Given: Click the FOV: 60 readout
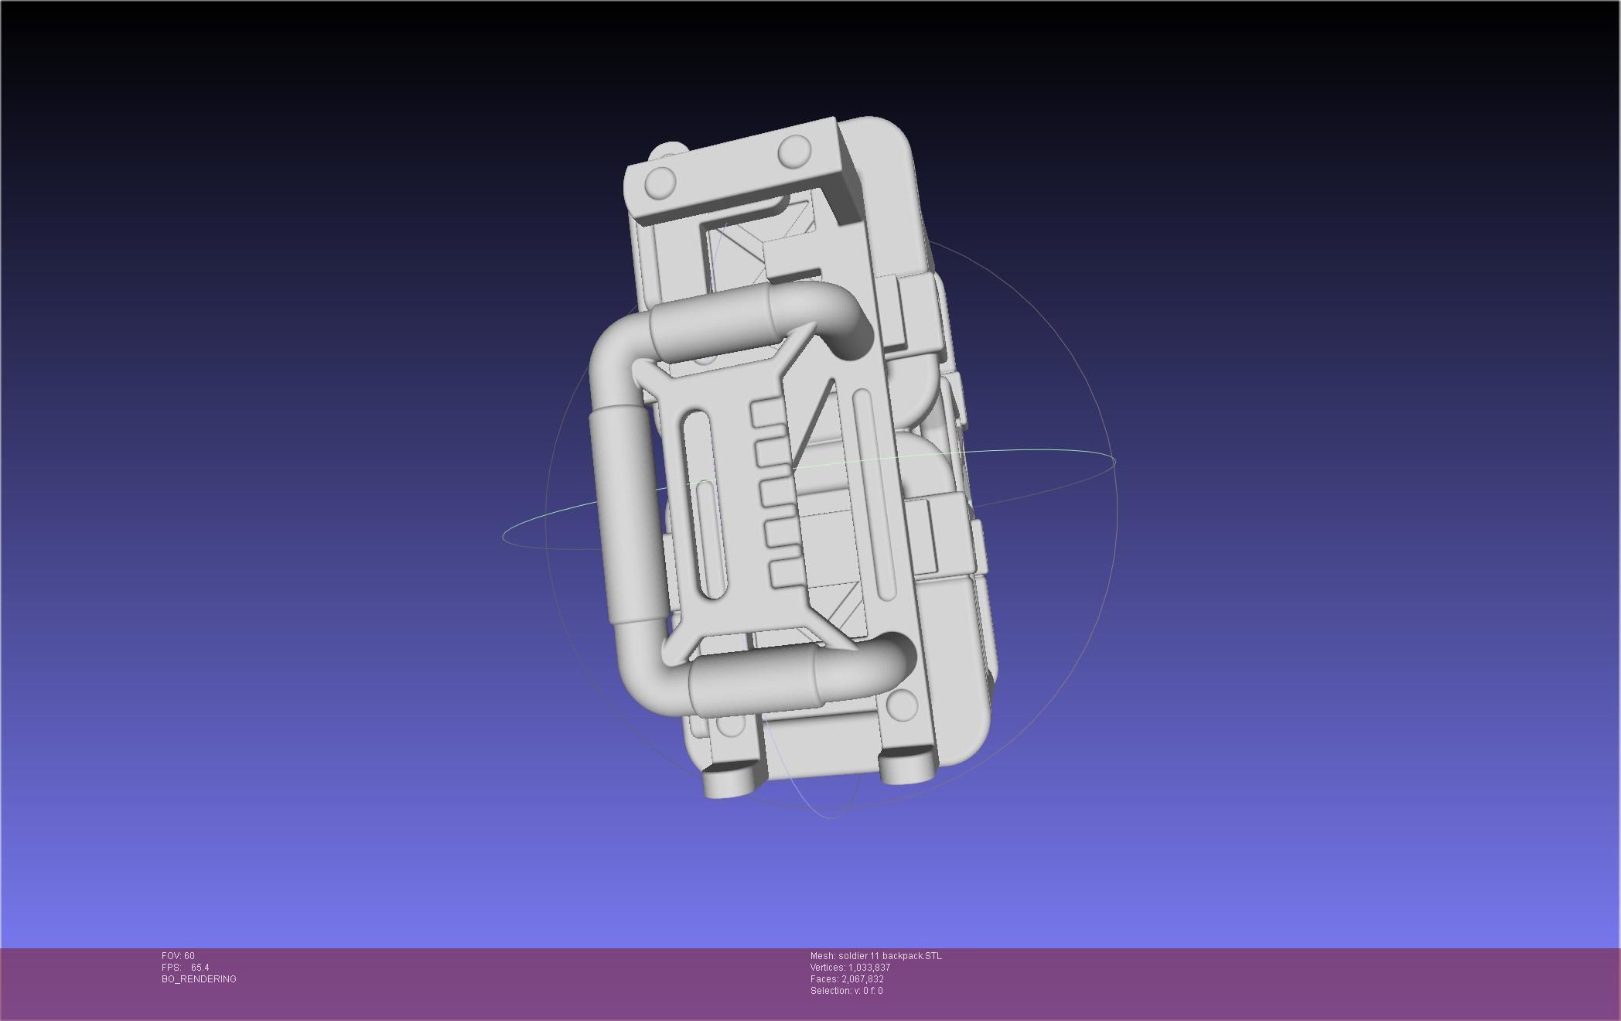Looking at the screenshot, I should point(178,956).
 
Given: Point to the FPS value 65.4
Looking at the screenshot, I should point(200,968).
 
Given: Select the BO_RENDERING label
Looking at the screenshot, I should point(199,979).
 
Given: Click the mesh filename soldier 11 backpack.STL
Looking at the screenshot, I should point(889,956).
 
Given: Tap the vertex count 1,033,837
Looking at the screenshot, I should point(869,968).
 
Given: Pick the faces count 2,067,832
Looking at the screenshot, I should point(862,979).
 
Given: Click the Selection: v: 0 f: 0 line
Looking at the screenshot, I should point(846,991).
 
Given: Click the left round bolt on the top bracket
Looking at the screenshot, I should point(660,183).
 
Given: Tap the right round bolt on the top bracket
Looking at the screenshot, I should point(793,151).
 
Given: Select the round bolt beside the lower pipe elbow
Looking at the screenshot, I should point(902,703).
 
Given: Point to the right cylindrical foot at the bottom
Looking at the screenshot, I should point(907,769).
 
